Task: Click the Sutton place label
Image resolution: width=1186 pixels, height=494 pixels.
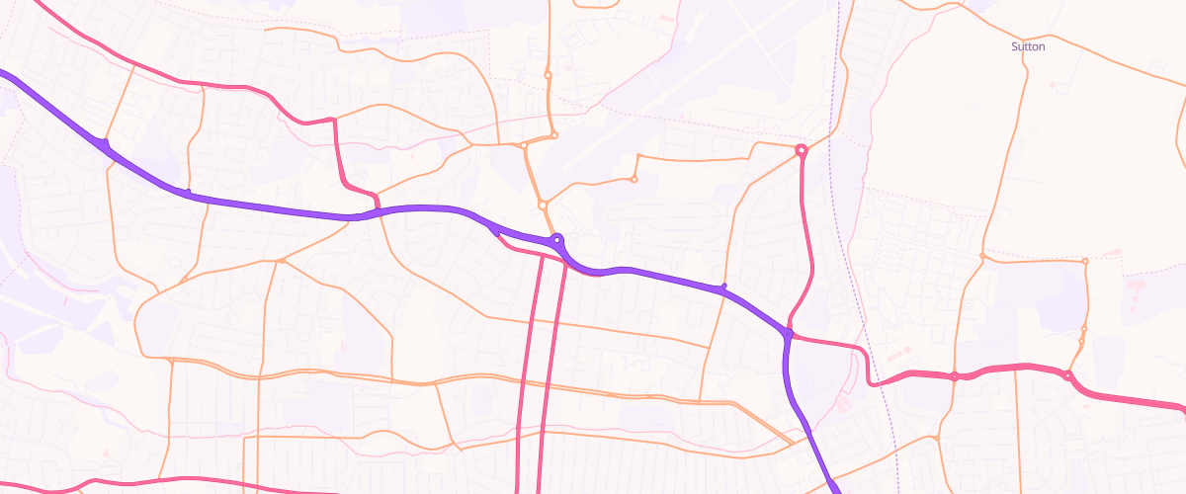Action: [1028, 46]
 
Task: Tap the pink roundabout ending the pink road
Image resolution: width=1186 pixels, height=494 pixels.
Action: [802, 150]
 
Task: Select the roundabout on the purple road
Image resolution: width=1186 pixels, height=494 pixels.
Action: [557, 238]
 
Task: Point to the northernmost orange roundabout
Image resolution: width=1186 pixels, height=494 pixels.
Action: [548, 75]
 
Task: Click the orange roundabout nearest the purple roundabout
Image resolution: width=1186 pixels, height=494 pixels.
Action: [543, 206]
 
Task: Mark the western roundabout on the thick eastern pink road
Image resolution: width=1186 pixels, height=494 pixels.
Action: [955, 376]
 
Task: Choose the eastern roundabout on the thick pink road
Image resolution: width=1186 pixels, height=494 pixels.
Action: [1068, 374]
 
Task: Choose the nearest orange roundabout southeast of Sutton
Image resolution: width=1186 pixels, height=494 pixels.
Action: [1085, 261]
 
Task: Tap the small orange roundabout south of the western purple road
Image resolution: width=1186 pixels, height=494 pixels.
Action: [282, 261]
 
